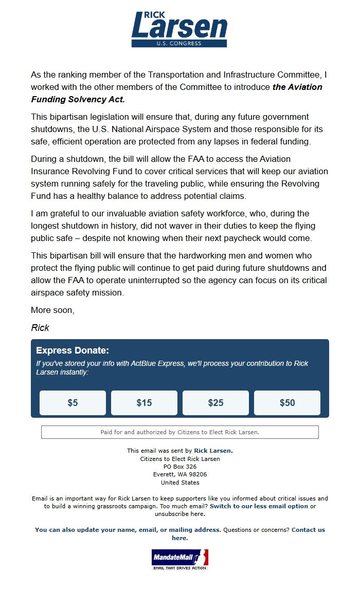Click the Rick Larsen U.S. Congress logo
179,29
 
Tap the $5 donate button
73,403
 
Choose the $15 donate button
144,403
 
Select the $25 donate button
215,403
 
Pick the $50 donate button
287,403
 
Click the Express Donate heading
73,351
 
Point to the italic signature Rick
40,328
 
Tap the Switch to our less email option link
259,506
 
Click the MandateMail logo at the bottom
179,559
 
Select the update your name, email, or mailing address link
128,530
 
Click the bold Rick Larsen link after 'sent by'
212,451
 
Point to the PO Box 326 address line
180,467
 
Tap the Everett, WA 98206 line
180,474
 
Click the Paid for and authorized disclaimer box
180,432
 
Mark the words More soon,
52,310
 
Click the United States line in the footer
180,483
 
